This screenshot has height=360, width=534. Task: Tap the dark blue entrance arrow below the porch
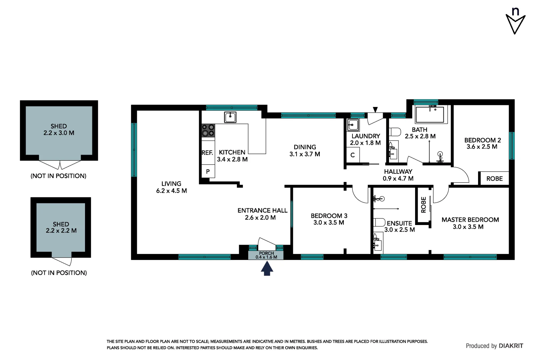(267, 269)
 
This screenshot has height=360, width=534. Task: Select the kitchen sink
(230, 117)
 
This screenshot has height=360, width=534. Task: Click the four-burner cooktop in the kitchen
(208, 130)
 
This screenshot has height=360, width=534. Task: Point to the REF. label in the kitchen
(207, 153)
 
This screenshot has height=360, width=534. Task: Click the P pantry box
(208, 172)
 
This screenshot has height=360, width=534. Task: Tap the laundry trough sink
(353, 125)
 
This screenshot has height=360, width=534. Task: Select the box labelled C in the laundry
(352, 155)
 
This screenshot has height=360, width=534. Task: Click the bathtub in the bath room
(430, 114)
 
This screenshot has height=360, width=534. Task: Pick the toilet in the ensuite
(379, 222)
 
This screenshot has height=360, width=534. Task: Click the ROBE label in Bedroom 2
(494, 179)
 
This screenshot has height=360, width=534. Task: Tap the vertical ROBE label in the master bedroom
(423, 205)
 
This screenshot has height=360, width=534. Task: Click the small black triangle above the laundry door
(375, 110)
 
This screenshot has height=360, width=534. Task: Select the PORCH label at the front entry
(266, 253)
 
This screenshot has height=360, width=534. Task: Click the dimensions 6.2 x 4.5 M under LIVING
(171, 191)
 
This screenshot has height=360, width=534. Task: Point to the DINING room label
(305, 147)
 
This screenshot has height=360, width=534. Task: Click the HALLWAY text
(398, 172)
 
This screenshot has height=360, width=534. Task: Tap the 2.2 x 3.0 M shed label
(59, 133)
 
